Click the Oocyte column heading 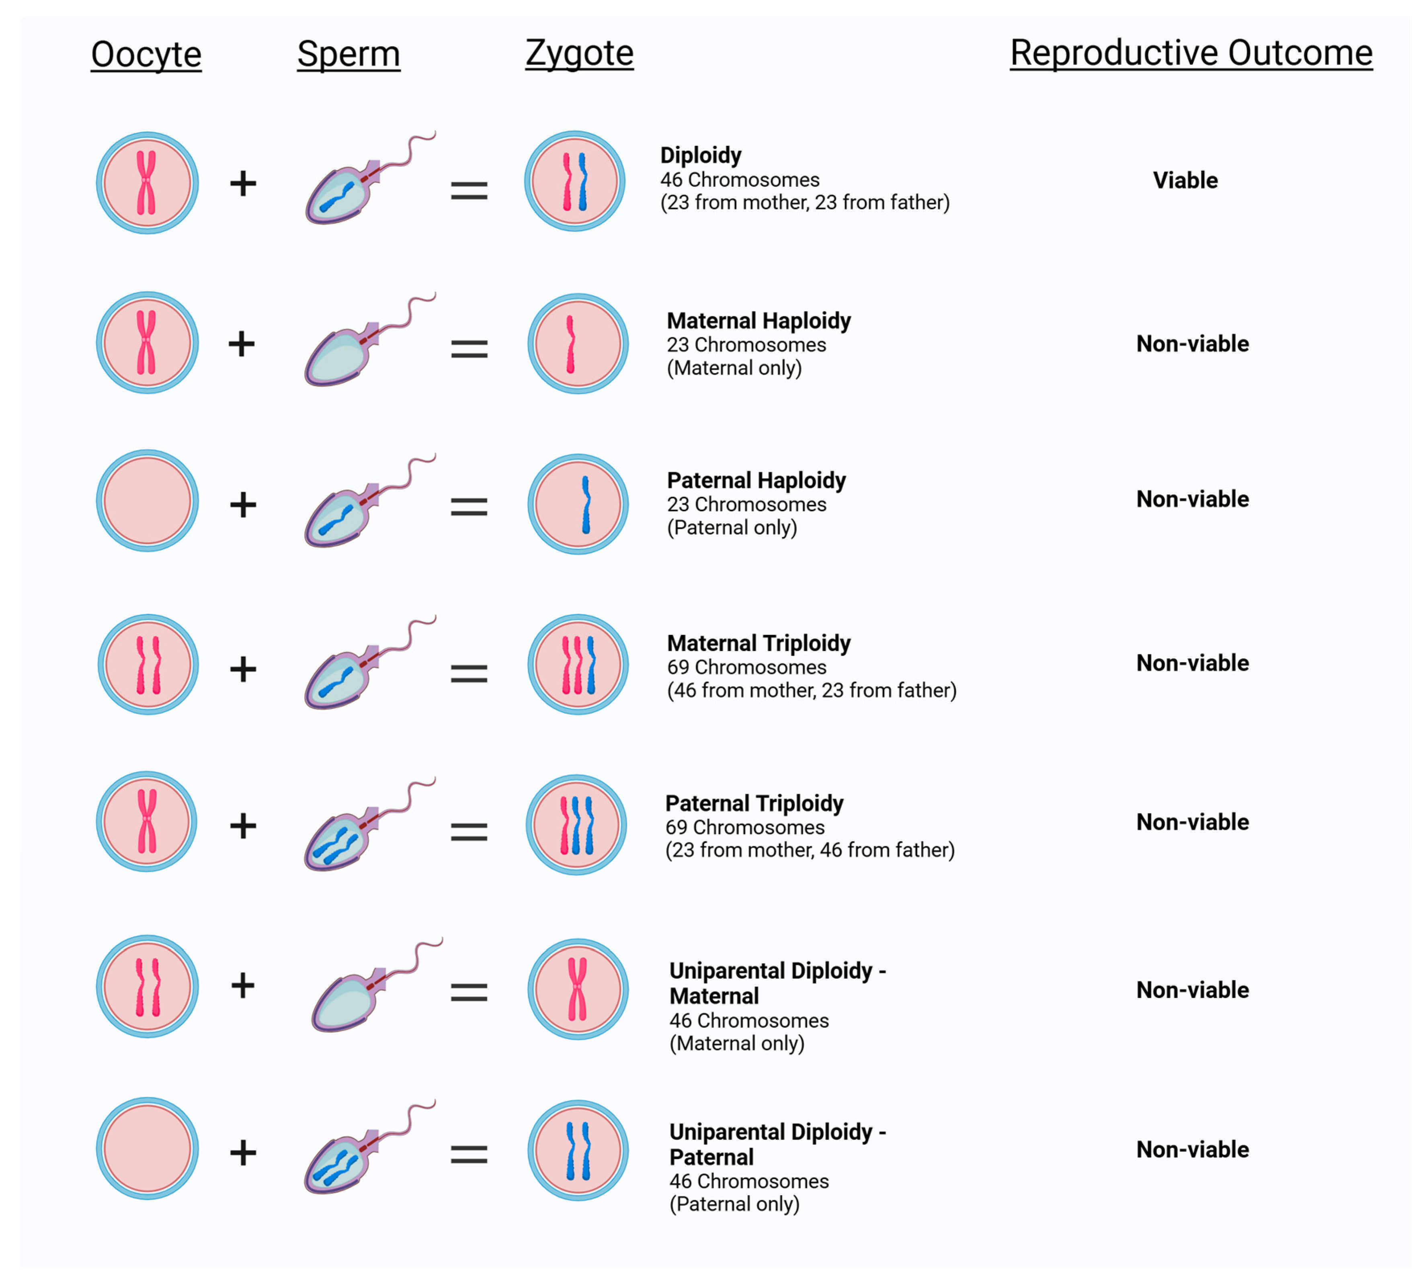click(146, 54)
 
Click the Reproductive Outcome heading click(1191, 53)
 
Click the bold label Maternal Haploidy click(758, 321)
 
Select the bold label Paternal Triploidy click(754, 803)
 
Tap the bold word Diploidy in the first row click(701, 155)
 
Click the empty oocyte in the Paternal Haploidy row click(147, 501)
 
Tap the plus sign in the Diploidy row click(243, 184)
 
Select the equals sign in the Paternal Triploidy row click(469, 832)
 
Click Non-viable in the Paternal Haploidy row click(1192, 499)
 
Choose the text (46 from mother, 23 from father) click(812, 690)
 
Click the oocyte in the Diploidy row click(147, 183)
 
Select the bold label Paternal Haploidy click(756, 480)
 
